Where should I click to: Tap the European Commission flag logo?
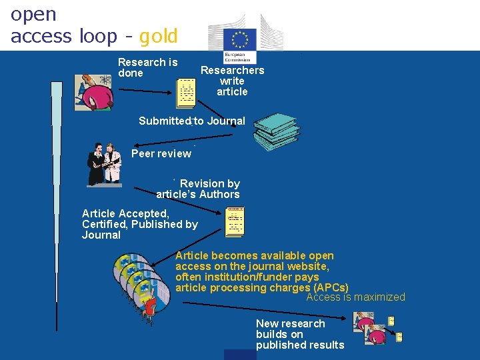point(241,39)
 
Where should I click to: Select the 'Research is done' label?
point(147,67)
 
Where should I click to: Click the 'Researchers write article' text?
point(232,81)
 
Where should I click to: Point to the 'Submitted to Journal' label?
point(192,121)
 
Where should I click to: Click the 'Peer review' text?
point(161,153)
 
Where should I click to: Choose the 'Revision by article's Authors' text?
point(198,189)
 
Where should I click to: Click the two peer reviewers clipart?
point(105,164)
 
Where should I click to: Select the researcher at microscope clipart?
point(95,93)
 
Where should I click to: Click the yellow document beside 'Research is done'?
point(186,93)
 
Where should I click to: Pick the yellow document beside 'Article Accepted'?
point(235,223)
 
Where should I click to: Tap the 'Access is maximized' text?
point(355,297)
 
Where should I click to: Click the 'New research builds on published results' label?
point(299,334)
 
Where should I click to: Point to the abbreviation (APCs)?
point(330,288)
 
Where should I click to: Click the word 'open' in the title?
point(34,14)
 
